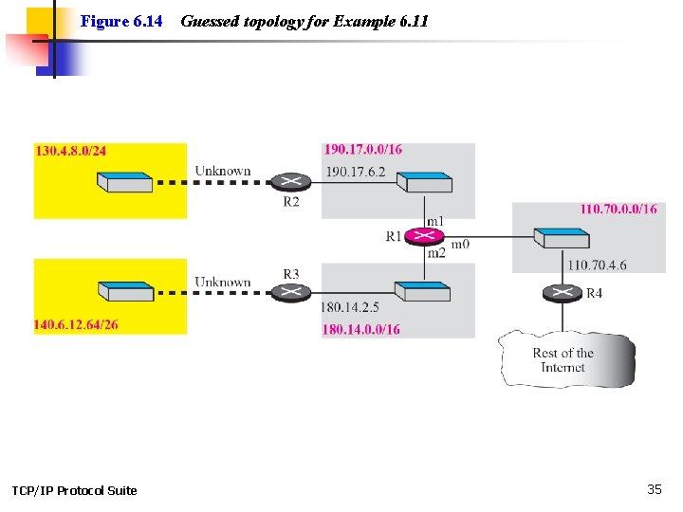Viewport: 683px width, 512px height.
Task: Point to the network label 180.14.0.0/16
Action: click(x=361, y=329)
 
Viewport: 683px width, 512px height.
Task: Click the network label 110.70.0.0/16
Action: click(x=618, y=209)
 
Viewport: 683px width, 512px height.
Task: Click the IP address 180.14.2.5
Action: click(x=351, y=308)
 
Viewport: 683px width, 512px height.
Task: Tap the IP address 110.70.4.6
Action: click(x=597, y=266)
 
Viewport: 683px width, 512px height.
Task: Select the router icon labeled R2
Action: click(x=290, y=181)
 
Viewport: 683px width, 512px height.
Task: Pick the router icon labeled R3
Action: click(x=291, y=292)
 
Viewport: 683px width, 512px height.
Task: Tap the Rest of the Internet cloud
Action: click(x=564, y=358)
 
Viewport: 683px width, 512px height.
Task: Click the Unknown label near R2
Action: click(x=223, y=172)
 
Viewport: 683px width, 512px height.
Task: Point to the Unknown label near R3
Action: click(x=223, y=282)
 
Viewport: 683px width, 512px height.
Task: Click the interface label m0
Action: click(x=460, y=244)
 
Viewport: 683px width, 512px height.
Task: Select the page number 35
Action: click(x=655, y=489)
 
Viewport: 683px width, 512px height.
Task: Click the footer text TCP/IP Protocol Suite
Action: click(x=74, y=490)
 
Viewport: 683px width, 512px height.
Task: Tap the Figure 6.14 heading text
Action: click(x=121, y=20)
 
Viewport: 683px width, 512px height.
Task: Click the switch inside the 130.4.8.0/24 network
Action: click(x=124, y=181)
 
